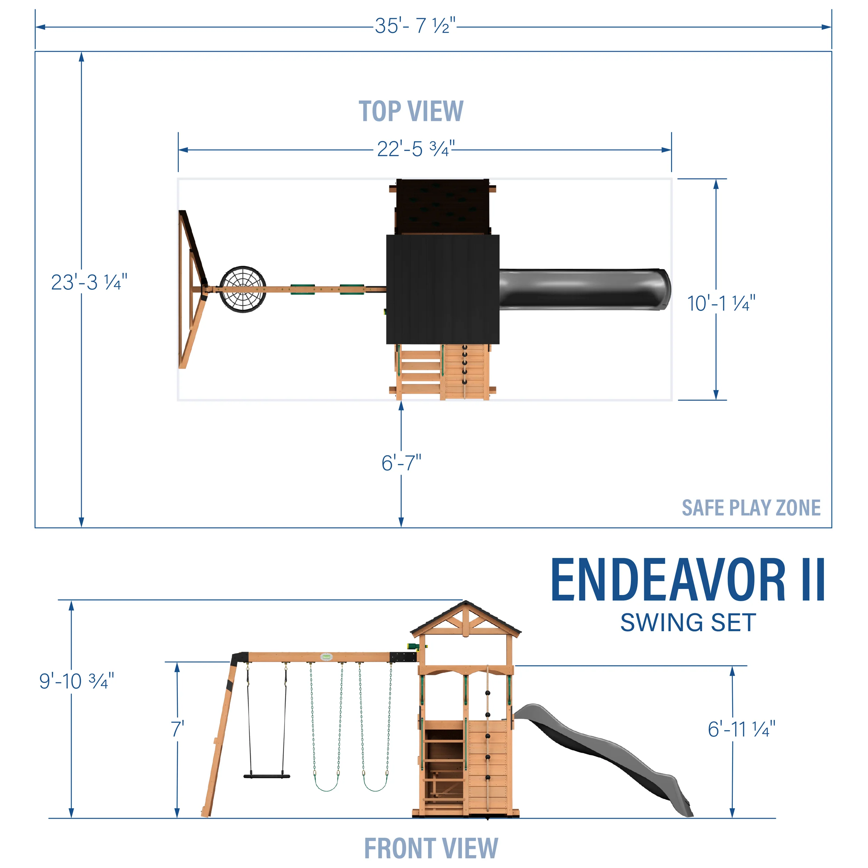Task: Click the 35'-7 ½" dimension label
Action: click(415, 26)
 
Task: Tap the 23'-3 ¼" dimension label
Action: click(89, 282)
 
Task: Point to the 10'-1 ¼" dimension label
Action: click(721, 304)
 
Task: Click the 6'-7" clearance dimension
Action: click(401, 463)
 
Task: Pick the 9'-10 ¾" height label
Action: click(76, 681)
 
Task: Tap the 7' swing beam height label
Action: click(178, 729)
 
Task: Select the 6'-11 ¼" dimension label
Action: click(741, 729)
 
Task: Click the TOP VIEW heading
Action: click(411, 111)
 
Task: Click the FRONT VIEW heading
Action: click(431, 848)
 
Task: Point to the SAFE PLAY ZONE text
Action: click(751, 508)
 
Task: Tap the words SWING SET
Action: click(688, 623)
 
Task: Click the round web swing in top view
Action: click(243, 289)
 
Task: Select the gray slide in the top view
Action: click(584, 289)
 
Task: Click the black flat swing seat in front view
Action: click(267, 776)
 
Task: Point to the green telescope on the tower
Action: click(414, 646)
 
